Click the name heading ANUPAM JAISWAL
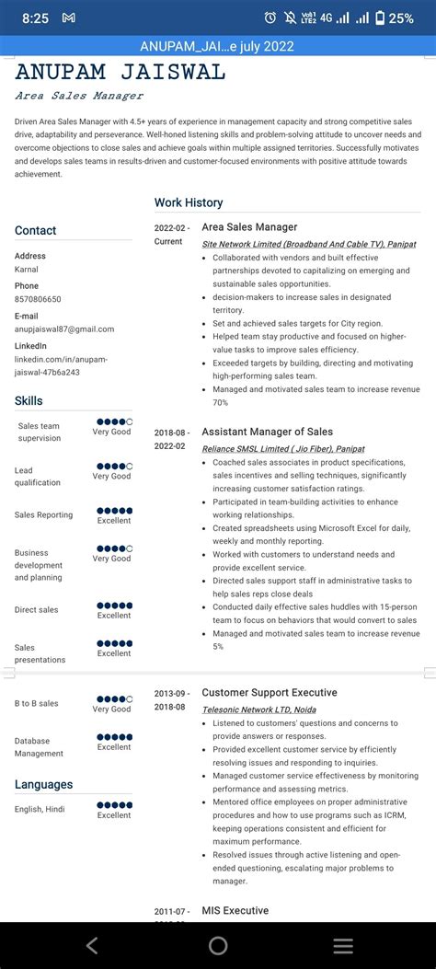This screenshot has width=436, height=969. [x=120, y=73]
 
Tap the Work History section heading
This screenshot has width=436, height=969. [x=189, y=202]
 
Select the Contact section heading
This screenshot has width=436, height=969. [x=36, y=231]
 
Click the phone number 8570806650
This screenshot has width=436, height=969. [x=38, y=299]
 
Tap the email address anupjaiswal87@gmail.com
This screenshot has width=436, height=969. [x=64, y=329]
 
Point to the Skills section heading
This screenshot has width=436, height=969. [x=29, y=400]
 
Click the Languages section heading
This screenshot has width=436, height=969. [x=43, y=784]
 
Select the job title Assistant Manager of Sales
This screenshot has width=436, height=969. [x=267, y=432]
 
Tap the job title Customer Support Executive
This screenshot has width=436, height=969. [x=270, y=692]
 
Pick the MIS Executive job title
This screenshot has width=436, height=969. [x=235, y=910]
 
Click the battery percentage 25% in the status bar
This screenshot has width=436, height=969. [x=401, y=17]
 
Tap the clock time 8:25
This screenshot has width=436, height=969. [x=35, y=17]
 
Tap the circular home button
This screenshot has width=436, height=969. [x=218, y=945]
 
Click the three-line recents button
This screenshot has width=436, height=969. [x=343, y=945]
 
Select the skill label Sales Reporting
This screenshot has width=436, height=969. [x=43, y=515]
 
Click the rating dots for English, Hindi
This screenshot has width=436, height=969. [x=114, y=804]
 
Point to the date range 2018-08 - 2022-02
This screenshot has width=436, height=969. [x=172, y=438]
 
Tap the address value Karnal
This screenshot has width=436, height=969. [x=27, y=270]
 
